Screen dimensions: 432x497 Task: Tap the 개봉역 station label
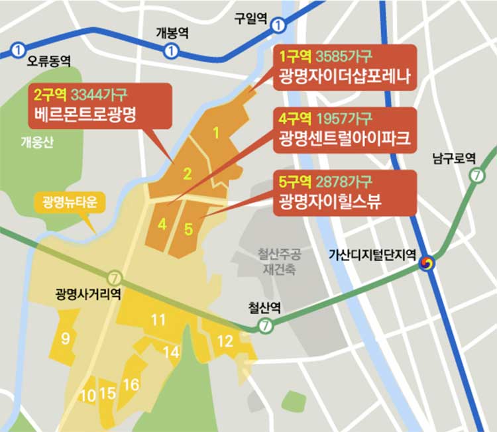click(172, 33)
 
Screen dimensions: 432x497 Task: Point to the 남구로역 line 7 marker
click(476, 176)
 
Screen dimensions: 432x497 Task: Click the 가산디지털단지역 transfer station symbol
click(428, 264)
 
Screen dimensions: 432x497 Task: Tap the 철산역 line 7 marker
click(265, 325)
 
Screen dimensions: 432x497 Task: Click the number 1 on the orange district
click(215, 133)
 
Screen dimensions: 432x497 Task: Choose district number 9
click(66, 339)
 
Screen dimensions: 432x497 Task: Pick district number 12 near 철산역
click(225, 341)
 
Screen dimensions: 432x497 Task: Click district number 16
click(131, 384)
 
